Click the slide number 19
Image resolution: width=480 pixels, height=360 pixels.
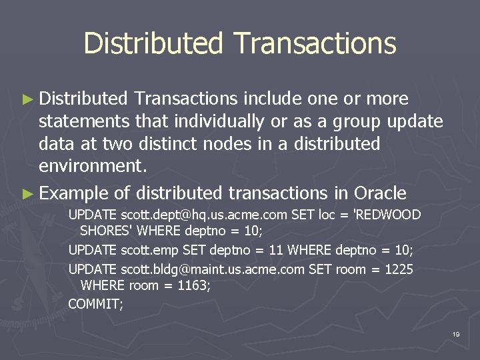(455, 333)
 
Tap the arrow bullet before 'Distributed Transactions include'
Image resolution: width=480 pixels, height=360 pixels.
(27, 99)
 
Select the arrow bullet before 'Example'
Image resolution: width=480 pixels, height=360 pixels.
(27, 194)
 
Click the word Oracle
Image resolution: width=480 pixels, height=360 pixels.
(380, 193)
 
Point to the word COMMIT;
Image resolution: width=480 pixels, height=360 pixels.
(96, 304)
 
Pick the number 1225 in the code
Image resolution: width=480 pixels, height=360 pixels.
(399, 269)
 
